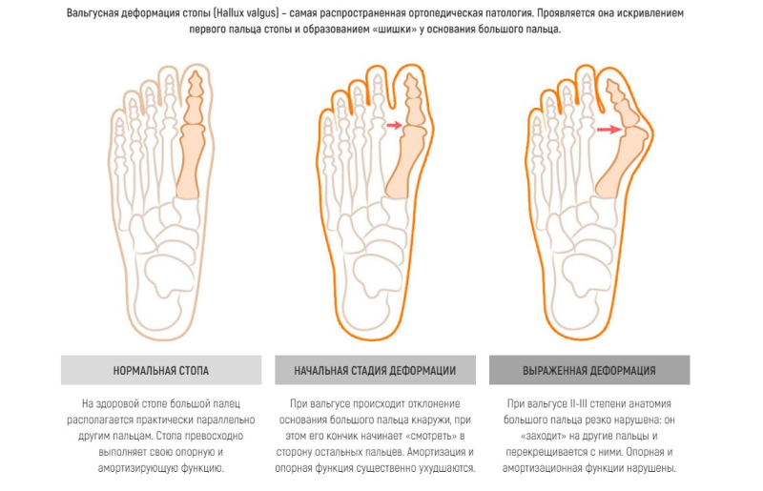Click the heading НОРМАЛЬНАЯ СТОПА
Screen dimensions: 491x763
point(160,370)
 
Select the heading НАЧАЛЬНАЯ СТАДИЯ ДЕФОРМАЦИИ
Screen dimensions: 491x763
point(375,370)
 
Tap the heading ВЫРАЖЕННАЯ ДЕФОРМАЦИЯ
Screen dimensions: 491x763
point(588,370)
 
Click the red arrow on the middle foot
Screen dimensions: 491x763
point(393,125)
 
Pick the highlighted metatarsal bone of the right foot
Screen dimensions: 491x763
point(617,167)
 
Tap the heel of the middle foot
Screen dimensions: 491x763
point(371,305)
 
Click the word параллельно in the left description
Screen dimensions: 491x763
point(230,418)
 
